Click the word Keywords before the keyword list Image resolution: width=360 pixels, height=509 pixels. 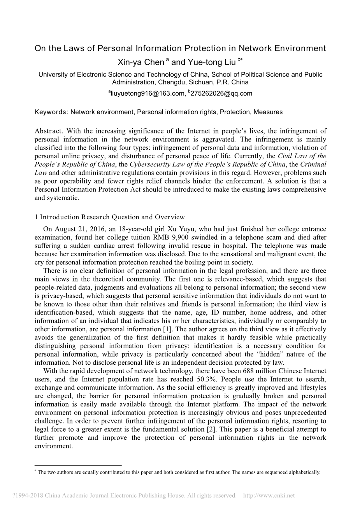pyautogui.click(x=51, y=112)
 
